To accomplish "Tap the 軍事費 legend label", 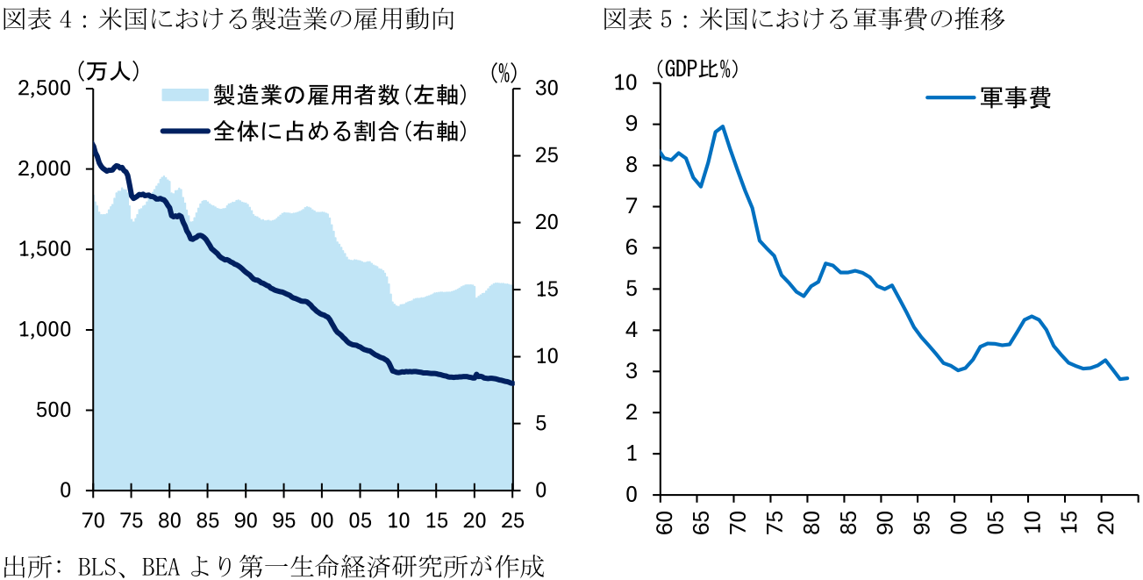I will point(1015,97).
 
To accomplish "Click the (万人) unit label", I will point(108,70).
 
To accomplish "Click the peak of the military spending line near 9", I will point(722,126).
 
